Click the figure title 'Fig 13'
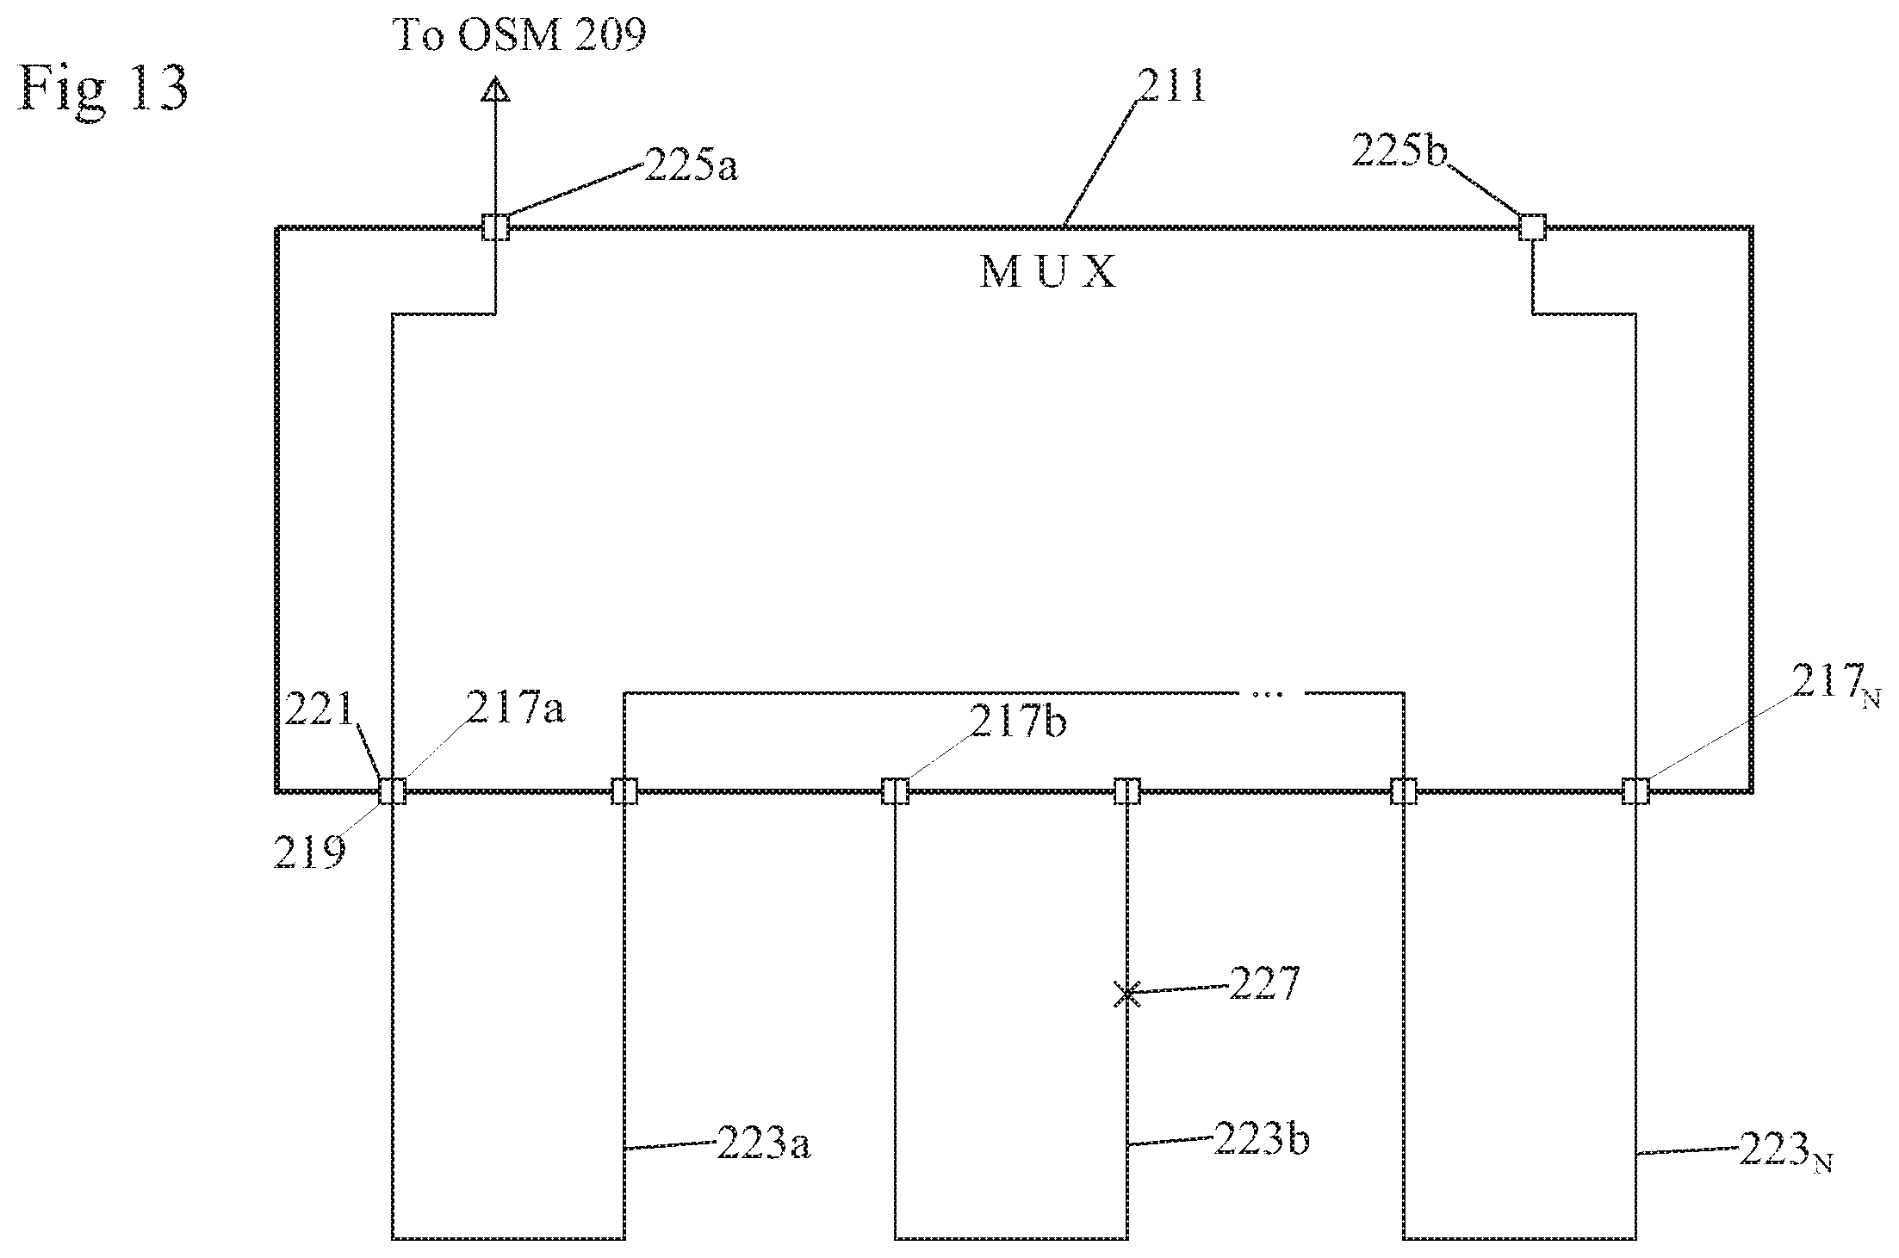pos(102,89)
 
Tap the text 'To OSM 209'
pos(519,35)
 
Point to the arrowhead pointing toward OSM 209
pos(495,90)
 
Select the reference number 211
pos(1170,87)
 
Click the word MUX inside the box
pos(1047,273)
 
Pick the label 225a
pos(691,166)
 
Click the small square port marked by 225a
pos(495,227)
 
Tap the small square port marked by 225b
pos(1532,227)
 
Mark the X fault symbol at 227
pos(1126,995)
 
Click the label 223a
pos(763,1145)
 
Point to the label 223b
pos(1261,1140)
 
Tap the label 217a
pos(515,710)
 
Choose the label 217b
pos(1019,722)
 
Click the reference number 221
pos(321,711)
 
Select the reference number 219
pos(310,852)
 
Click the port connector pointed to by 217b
pos(896,790)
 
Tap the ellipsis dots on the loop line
pos(1267,693)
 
